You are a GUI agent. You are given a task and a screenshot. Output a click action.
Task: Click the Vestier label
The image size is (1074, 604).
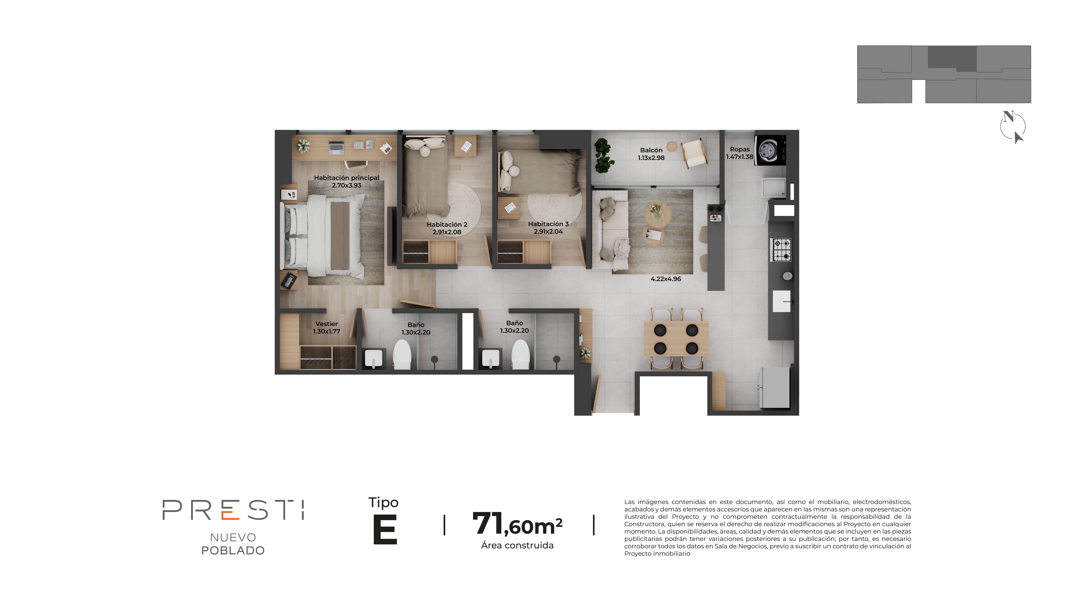point(326,324)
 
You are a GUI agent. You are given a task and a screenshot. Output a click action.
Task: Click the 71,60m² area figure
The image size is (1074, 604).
point(517,524)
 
